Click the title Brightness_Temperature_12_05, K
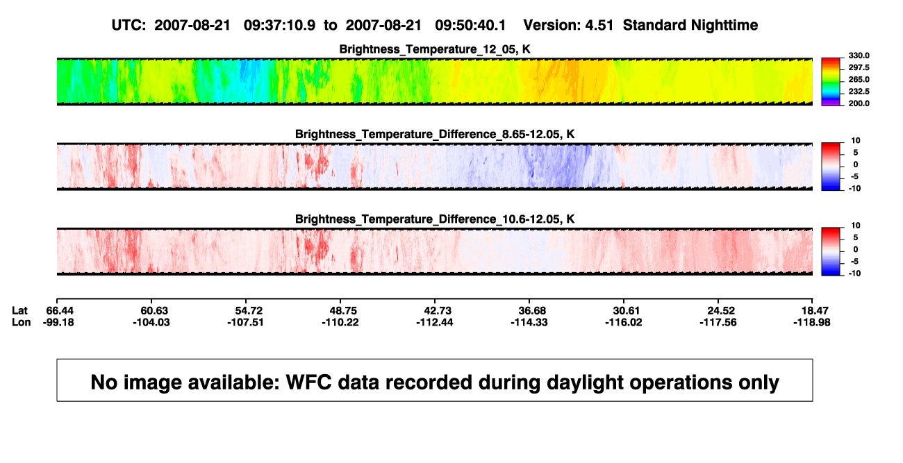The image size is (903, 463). click(x=435, y=49)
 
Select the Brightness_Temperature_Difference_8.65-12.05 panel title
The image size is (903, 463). click(x=435, y=134)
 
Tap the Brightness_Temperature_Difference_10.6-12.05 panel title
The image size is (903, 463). click(x=435, y=219)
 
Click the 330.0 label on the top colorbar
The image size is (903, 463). click(x=859, y=56)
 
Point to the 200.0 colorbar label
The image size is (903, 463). click(x=859, y=103)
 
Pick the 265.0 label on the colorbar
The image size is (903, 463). click(x=859, y=79)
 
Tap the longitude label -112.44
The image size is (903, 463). click(x=435, y=322)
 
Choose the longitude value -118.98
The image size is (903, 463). click(x=812, y=322)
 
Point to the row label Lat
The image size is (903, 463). click(x=19, y=311)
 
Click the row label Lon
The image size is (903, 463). click(x=22, y=322)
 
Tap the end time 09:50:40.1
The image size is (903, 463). click(x=470, y=25)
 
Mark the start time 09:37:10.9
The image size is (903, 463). click(x=279, y=25)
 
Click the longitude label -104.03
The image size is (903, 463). click(x=151, y=322)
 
